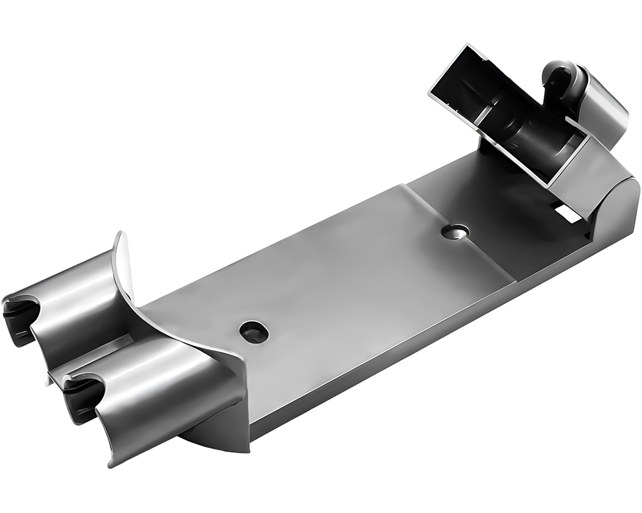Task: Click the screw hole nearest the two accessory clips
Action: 254,332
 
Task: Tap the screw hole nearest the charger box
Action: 455,231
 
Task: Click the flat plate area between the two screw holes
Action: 353,282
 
